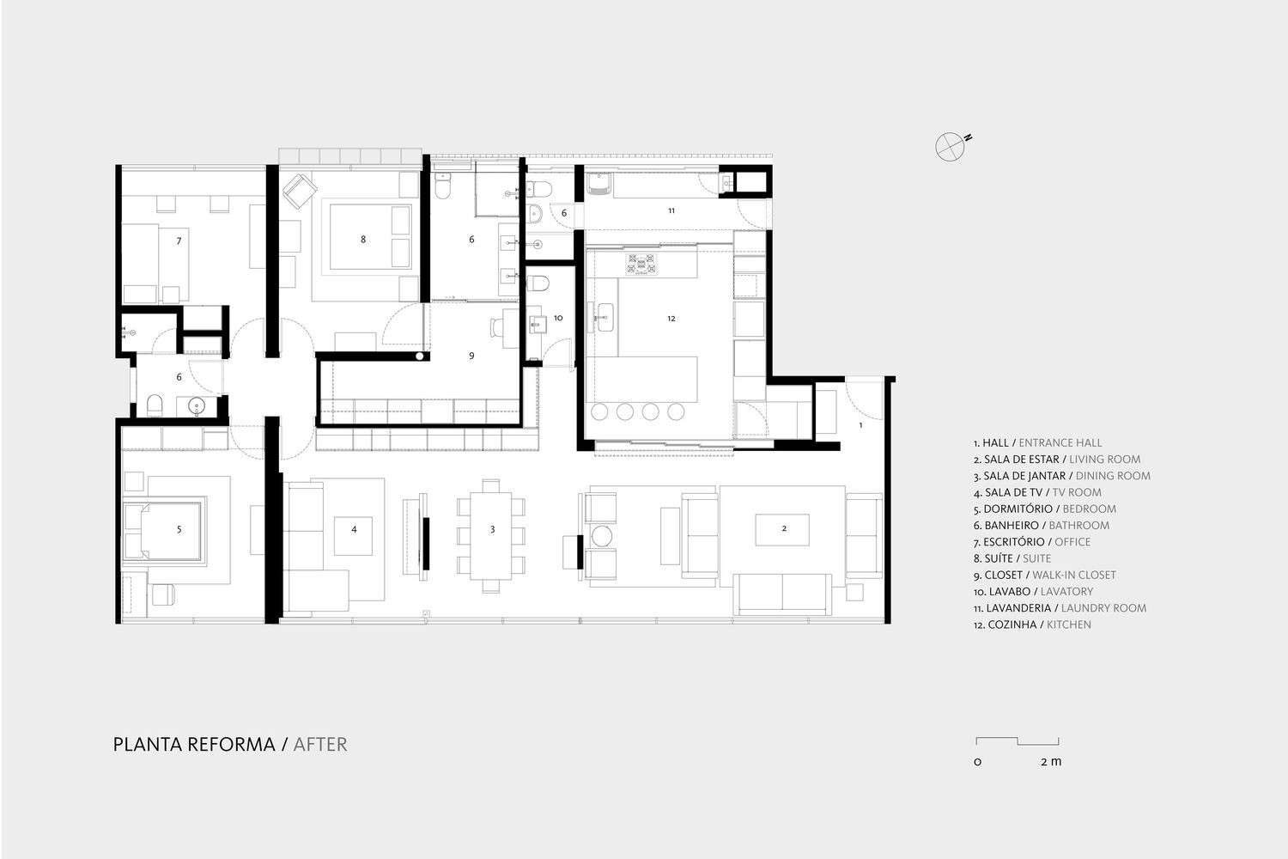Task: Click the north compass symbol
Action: tap(950, 147)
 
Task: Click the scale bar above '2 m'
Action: tap(1018, 740)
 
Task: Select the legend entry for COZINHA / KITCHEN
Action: tap(1031, 624)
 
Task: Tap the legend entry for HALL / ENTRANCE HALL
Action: tap(1037, 442)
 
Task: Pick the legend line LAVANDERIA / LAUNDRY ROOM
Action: tap(1060, 607)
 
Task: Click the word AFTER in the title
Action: tap(320, 745)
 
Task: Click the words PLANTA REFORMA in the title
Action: tap(194, 745)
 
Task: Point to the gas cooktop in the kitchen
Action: tap(641, 265)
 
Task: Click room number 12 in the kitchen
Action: tap(671, 318)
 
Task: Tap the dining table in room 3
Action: tap(491, 535)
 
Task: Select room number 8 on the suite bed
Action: tap(363, 240)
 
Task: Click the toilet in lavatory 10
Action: tap(538, 283)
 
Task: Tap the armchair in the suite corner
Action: tap(300, 191)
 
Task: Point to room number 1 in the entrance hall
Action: tap(860, 425)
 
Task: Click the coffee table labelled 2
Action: tap(782, 529)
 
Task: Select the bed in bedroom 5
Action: tap(163, 531)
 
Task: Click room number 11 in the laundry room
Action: tap(671, 210)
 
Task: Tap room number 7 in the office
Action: tap(179, 241)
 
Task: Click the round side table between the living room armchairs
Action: tap(602, 536)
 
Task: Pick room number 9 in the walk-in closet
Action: tap(471, 356)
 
